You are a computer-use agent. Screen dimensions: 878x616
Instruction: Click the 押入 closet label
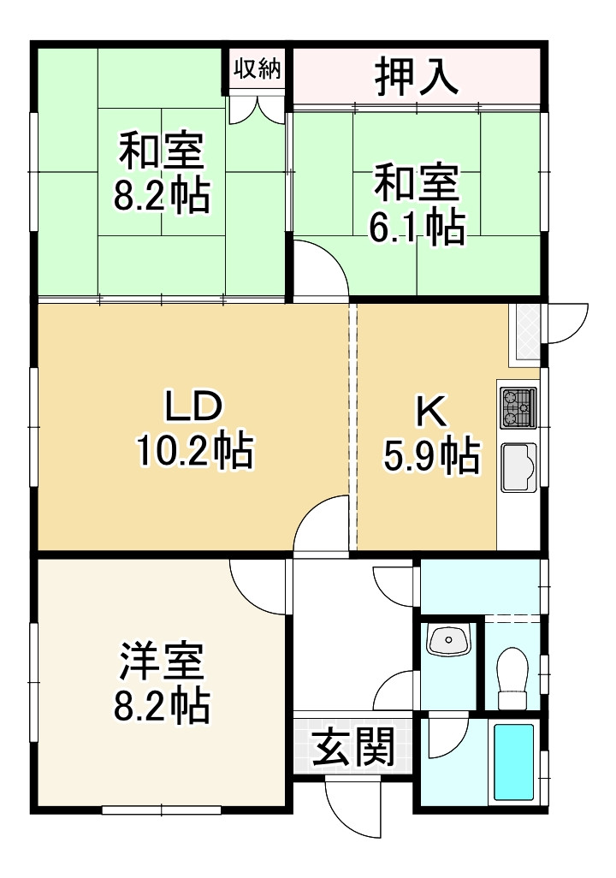pyautogui.click(x=418, y=77)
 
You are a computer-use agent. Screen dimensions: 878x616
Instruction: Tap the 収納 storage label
pyautogui.click(x=258, y=69)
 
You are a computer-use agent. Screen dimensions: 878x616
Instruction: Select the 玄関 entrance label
pyautogui.click(x=352, y=748)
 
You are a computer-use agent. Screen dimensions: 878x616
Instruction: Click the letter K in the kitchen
pyautogui.click(x=430, y=412)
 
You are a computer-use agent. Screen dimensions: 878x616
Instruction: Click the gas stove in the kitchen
pyautogui.click(x=518, y=406)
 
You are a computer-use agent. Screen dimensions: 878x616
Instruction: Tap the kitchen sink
pyautogui.click(x=518, y=467)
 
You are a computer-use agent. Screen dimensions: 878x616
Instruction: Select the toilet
pyautogui.click(x=513, y=677)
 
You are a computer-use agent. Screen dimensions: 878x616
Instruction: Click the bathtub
pyautogui.click(x=513, y=762)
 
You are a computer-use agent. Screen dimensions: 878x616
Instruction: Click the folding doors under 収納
pyautogui.click(x=258, y=109)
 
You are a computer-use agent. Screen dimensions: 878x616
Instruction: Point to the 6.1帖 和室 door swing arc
pyautogui.click(x=321, y=270)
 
